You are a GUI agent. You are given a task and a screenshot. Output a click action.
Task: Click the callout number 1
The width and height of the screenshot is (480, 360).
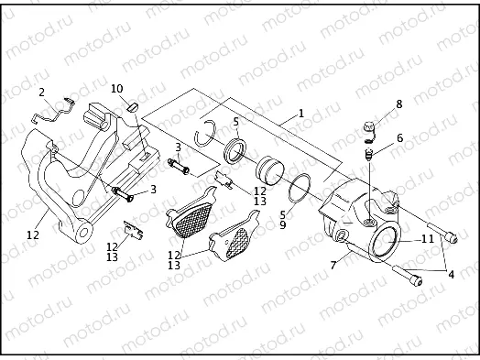click(300, 116)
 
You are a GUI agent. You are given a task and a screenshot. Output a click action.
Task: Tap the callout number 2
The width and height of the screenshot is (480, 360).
click(41, 93)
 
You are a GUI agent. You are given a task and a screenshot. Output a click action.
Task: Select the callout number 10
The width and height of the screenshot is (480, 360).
click(116, 89)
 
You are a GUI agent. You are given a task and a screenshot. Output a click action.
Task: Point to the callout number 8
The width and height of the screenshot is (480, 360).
click(398, 105)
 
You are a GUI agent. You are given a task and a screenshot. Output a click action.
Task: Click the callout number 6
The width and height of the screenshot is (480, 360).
click(398, 138)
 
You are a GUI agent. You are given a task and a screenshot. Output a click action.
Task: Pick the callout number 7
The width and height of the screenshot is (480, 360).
click(333, 266)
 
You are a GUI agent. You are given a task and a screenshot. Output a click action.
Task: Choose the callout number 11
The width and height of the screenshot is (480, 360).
click(427, 239)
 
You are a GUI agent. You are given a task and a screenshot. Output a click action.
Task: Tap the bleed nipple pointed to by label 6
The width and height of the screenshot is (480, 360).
click(366, 156)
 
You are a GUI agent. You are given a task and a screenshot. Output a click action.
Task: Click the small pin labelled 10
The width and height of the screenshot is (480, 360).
click(131, 105)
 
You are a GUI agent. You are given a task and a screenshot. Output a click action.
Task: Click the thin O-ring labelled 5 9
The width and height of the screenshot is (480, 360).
click(299, 190)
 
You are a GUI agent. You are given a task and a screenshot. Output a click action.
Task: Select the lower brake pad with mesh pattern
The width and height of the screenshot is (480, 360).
click(231, 245)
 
